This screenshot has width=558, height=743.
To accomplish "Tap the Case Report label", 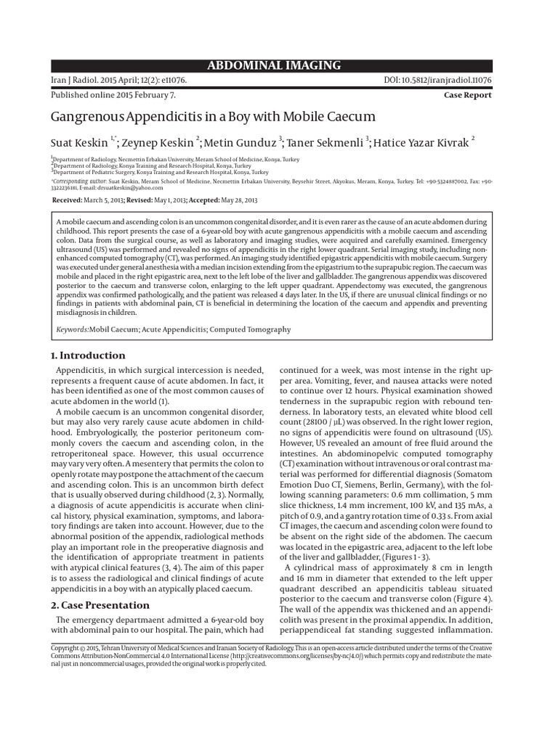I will click(x=467, y=95).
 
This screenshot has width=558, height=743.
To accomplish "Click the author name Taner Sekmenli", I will click(x=325, y=142).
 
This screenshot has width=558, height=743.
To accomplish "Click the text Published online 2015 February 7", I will click(x=113, y=95).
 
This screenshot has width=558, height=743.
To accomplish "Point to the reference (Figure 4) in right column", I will click(x=472, y=599).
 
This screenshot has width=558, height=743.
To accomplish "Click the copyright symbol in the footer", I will click(x=82, y=647).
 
